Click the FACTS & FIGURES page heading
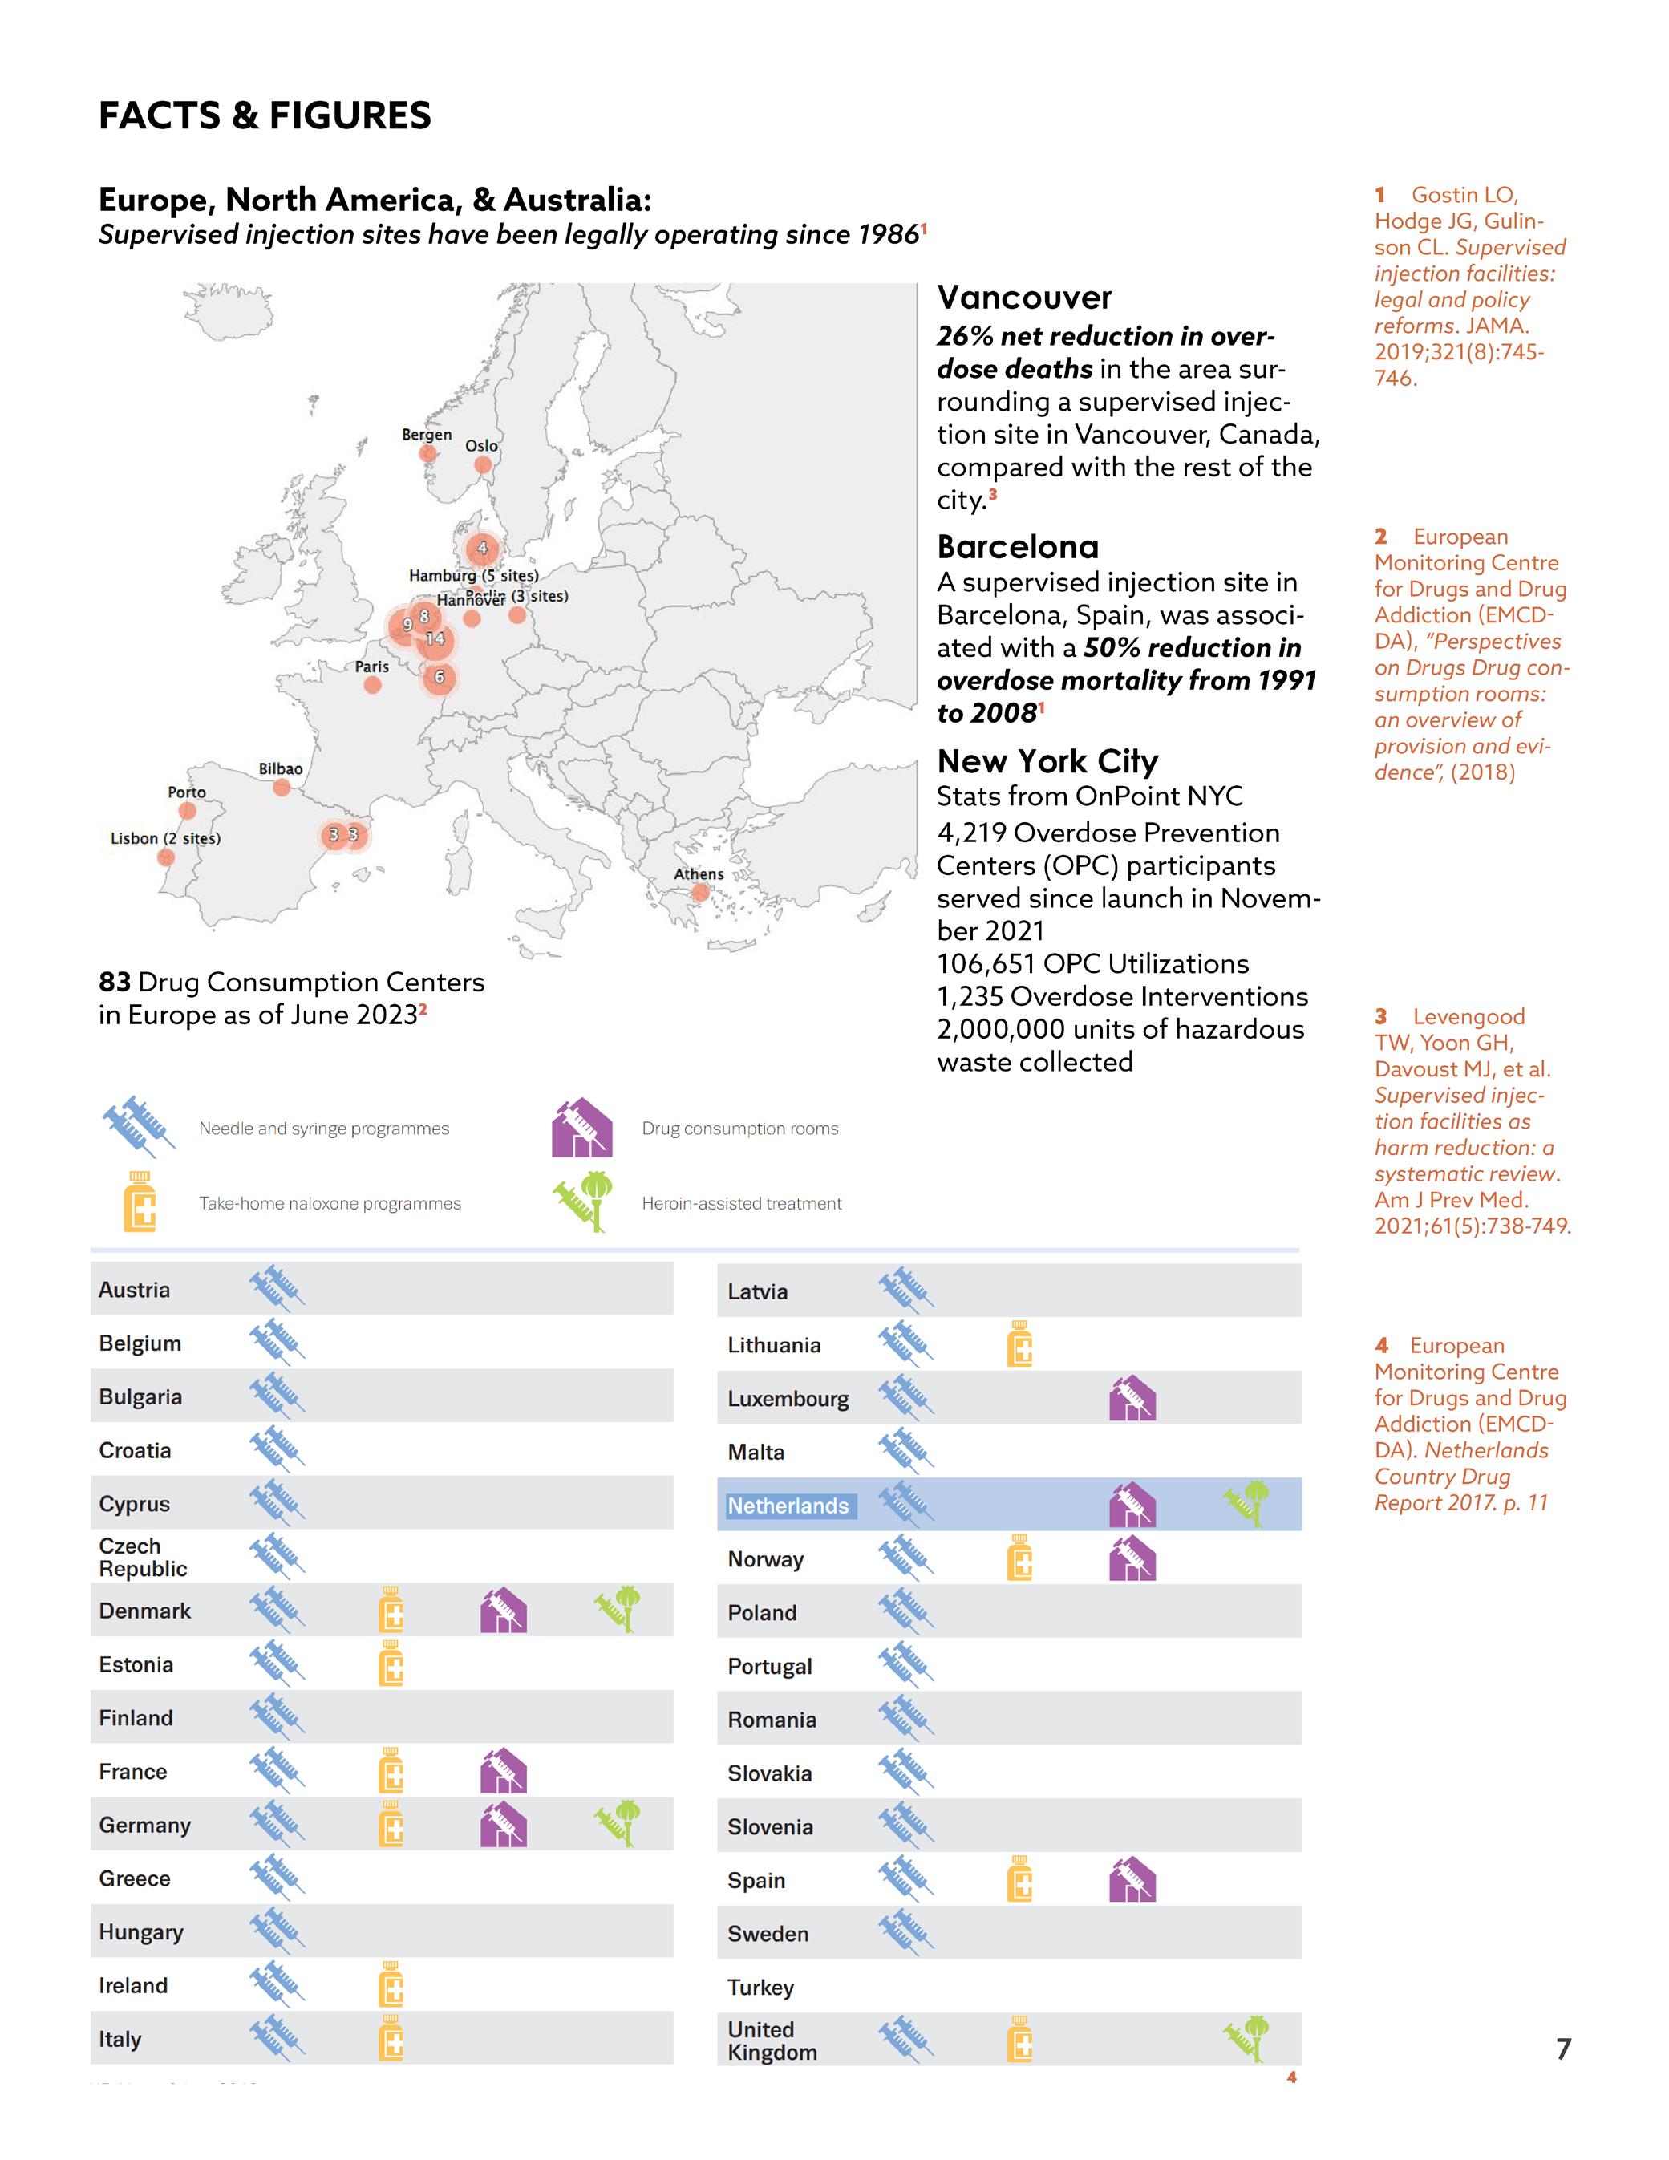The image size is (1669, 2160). click(264, 115)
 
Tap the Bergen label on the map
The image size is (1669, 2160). click(426, 434)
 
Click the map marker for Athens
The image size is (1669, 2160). click(700, 892)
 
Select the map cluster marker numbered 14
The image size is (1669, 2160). click(435, 640)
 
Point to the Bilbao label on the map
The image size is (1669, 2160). click(281, 768)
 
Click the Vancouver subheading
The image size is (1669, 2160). click(1024, 297)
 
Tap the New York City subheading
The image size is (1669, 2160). click(1047, 760)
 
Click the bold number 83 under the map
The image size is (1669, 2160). click(115, 982)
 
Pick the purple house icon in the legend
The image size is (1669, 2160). click(581, 1128)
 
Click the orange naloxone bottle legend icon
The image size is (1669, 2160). click(140, 1202)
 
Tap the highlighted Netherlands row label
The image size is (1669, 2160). click(788, 1506)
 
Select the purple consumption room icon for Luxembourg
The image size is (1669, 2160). click(1132, 1399)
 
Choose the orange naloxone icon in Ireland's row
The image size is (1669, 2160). click(391, 1985)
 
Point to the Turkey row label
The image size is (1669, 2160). click(760, 1987)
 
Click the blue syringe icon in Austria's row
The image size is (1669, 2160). click(277, 1289)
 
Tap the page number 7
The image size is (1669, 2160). click(1563, 2049)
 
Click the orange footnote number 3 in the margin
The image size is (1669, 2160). click(1381, 1017)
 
